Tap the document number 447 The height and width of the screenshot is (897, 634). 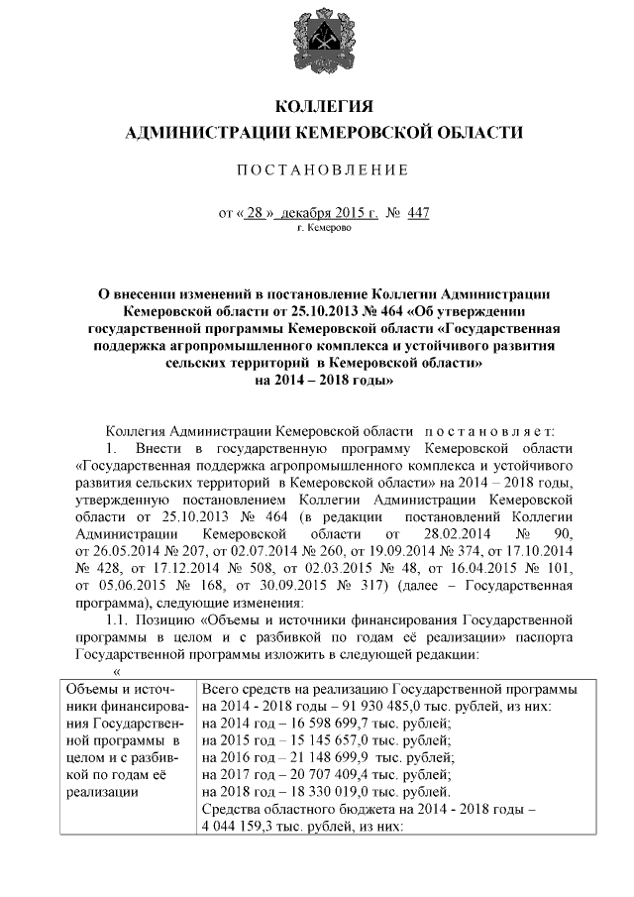click(x=418, y=213)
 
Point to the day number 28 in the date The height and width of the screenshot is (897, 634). click(x=254, y=213)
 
